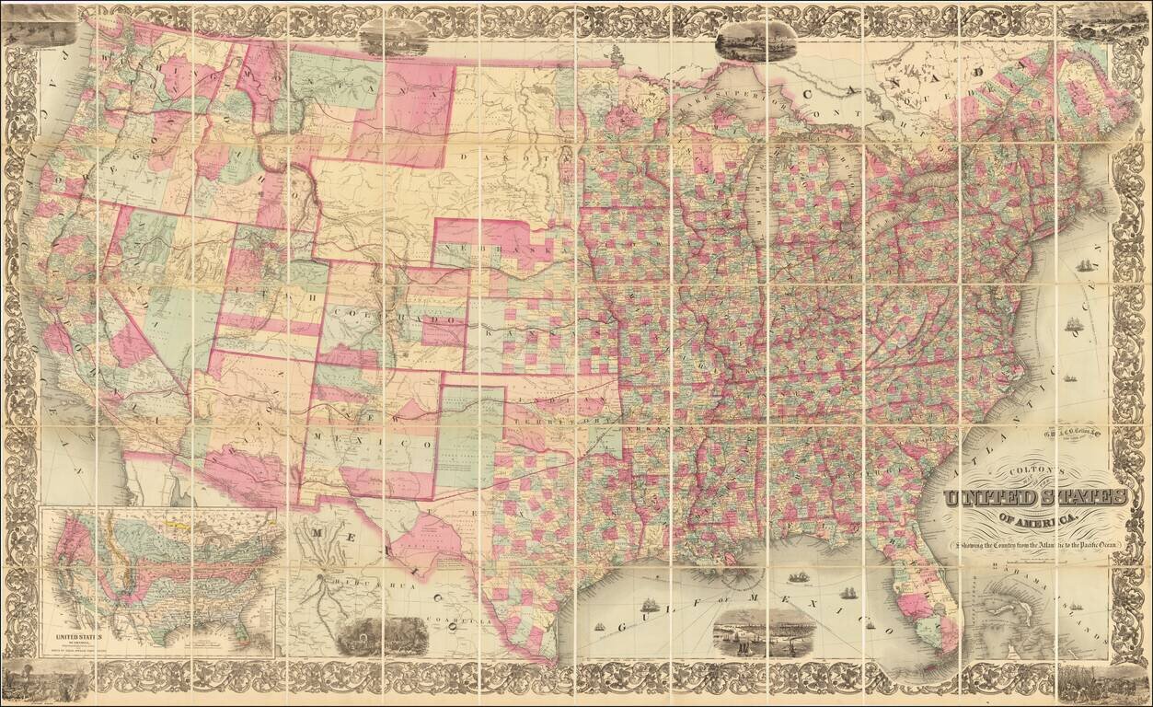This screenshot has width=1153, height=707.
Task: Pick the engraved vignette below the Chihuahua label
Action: pyautogui.click(x=381, y=634)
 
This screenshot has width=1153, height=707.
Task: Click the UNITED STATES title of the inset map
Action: pyautogui.click(x=80, y=634)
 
